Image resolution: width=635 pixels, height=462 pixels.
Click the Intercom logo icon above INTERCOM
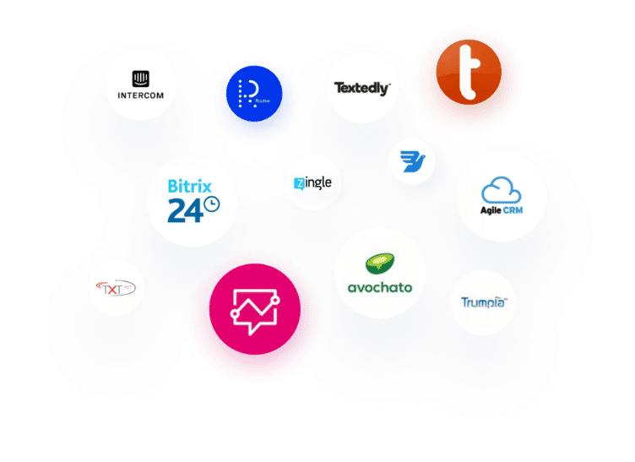[x=141, y=79]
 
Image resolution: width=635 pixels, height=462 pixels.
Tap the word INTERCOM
[x=141, y=95]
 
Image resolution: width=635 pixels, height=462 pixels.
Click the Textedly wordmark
[x=361, y=88]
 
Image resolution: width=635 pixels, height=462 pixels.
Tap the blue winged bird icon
[x=412, y=161]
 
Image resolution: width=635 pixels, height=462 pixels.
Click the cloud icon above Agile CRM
[x=502, y=188]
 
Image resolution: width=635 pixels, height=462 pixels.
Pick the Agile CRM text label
[x=502, y=209]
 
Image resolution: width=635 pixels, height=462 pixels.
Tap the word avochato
[x=380, y=287]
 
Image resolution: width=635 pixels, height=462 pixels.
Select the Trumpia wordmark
[x=483, y=302]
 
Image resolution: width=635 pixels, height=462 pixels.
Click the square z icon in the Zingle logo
[x=299, y=183]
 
